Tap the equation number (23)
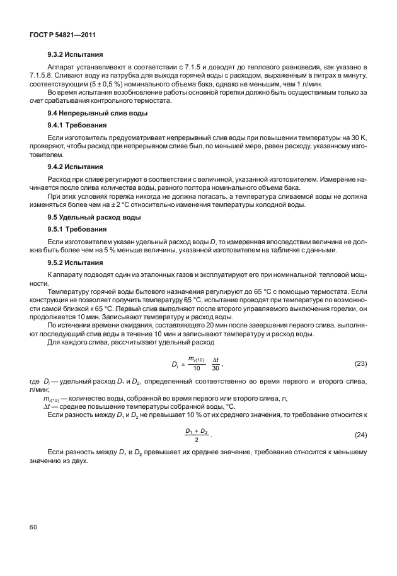click(361, 364)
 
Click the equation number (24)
click(361, 435)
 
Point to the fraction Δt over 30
click(216, 364)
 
